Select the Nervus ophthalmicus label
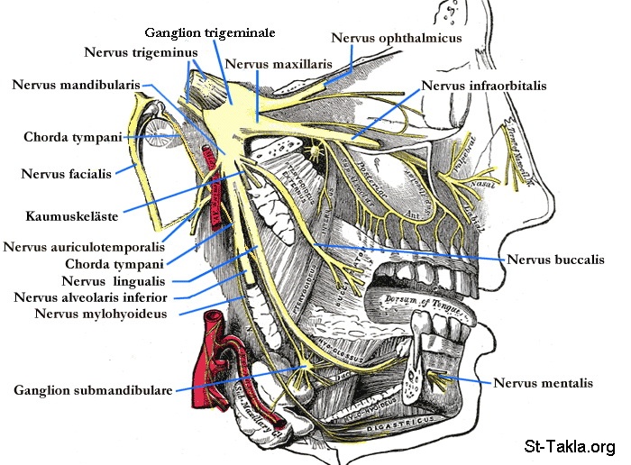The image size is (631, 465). point(397,38)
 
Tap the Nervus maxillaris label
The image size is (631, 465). point(279,65)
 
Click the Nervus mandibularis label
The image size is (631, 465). point(76,85)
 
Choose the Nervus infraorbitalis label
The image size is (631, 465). point(483,87)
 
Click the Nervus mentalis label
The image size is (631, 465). point(543,382)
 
